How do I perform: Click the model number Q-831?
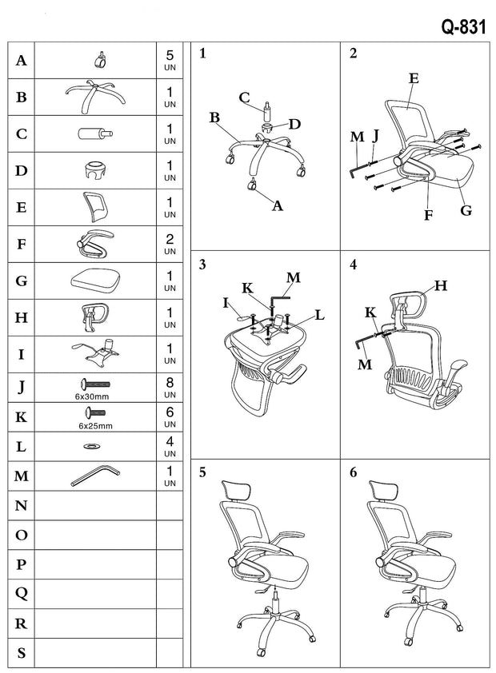coord(463,26)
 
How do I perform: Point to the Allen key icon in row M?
coord(94,476)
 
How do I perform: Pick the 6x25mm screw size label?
coord(95,426)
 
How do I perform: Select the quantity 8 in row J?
coord(170,383)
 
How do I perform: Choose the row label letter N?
coord(22,506)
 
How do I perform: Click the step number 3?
coord(202,265)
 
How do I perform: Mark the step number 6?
coord(354,472)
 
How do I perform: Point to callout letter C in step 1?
coord(244,98)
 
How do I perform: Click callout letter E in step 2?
coord(414,78)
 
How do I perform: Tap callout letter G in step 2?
coord(466,210)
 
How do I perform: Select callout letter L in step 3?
coord(320,315)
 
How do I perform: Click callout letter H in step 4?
coord(441,285)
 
